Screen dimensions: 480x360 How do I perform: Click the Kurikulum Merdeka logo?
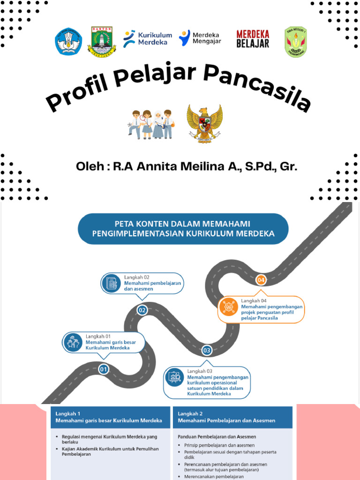click(147, 38)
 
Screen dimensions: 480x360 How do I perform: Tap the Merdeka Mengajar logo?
click(200, 38)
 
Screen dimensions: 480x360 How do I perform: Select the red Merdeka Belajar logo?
click(253, 39)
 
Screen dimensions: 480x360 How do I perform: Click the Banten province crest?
click(102, 42)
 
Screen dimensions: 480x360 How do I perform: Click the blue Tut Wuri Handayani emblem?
click(68, 42)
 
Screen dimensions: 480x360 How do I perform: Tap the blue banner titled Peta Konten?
click(183, 228)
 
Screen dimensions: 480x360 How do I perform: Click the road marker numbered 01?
click(104, 369)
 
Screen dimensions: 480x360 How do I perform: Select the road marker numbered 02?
click(142, 310)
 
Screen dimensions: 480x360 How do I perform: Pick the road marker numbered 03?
click(207, 350)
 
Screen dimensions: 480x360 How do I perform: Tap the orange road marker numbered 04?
click(261, 280)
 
